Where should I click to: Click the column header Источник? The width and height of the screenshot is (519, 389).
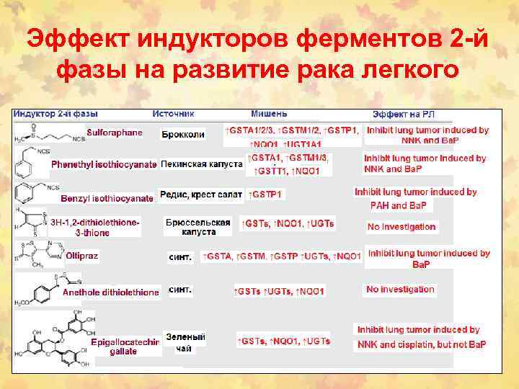pyautogui.click(x=174, y=114)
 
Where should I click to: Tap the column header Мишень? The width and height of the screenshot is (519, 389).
pyautogui.click(x=269, y=114)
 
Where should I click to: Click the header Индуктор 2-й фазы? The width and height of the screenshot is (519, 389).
pyautogui.click(x=57, y=114)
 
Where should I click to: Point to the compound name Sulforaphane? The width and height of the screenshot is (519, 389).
pyautogui.click(x=115, y=133)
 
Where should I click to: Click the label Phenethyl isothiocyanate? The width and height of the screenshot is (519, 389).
pyautogui.click(x=104, y=164)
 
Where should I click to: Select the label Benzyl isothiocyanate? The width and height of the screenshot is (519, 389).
pyautogui.click(x=107, y=197)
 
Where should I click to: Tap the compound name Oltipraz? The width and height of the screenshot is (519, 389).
pyautogui.click(x=82, y=256)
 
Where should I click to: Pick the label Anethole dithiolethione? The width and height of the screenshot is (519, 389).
pyautogui.click(x=111, y=292)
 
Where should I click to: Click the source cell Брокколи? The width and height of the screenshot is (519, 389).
pyautogui.click(x=183, y=134)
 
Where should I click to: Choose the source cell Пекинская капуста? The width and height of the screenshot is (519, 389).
pyautogui.click(x=201, y=164)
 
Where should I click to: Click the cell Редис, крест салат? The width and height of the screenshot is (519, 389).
pyautogui.click(x=201, y=194)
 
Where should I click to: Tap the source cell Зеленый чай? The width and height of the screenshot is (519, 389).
pyautogui.click(x=185, y=343)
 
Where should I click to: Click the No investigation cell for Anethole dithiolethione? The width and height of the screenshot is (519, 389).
pyautogui.click(x=400, y=290)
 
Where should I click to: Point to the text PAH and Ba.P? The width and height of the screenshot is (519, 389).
pyautogui.click(x=399, y=205)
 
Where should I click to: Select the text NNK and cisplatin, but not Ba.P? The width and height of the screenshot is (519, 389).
pyautogui.click(x=422, y=344)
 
